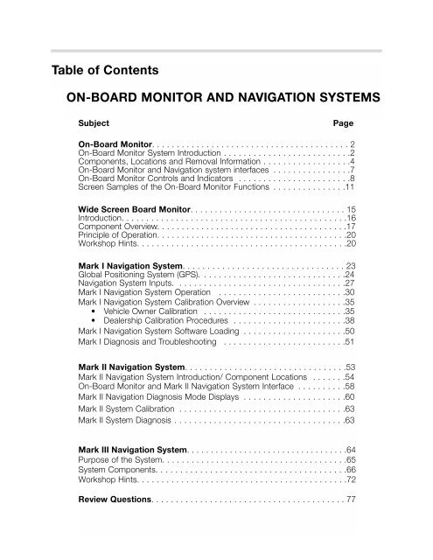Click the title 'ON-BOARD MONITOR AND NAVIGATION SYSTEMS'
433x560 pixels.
click(x=230, y=98)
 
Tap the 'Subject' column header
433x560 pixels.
click(x=94, y=125)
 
